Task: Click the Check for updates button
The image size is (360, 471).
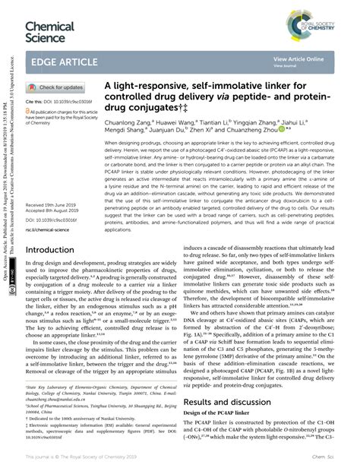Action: pos(58,87)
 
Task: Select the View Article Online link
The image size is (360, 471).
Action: pos(298,58)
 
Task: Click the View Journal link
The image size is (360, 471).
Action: pos(285,65)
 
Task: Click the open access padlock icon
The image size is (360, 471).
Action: pos(28,109)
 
